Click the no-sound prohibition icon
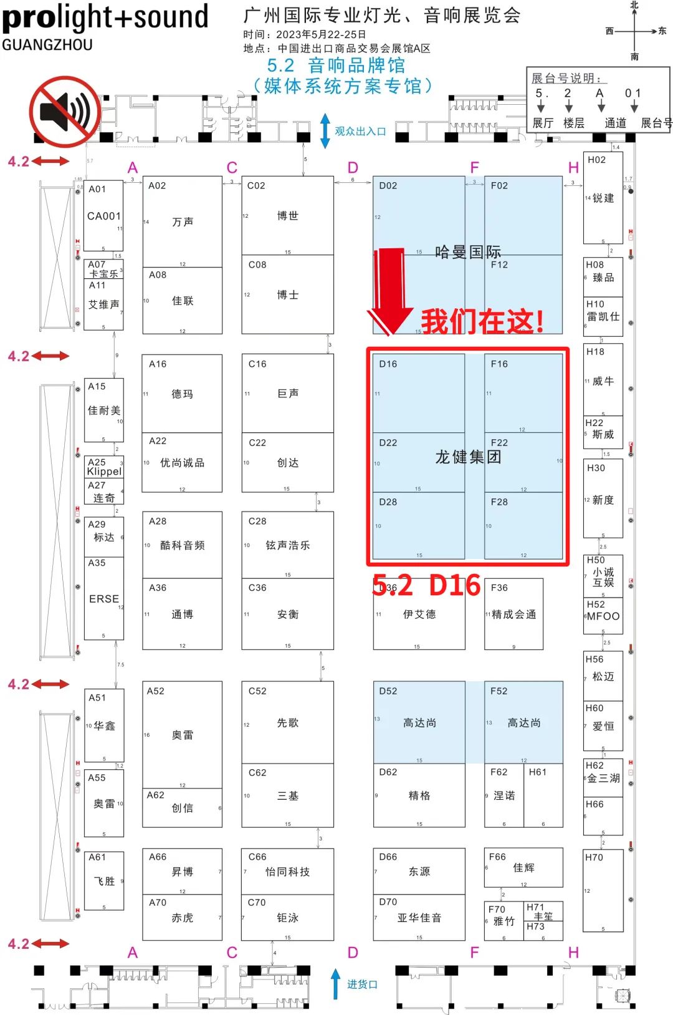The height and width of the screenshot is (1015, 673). pyautogui.click(x=65, y=112)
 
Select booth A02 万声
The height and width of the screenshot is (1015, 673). pyautogui.click(x=182, y=221)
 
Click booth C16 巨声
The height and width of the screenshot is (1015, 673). pyautogui.click(x=287, y=393)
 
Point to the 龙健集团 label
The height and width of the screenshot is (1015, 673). pyautogui.click(x=468, y=457)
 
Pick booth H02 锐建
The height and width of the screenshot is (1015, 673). pyautogui.click(x=603, y=198)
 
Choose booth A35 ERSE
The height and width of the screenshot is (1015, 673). pyautogui.click(x=104, y=598)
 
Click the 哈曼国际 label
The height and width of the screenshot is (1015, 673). pyautogui.click(x=468, y=252)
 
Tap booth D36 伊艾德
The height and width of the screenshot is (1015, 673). pyautogui.click(x=419, y=614)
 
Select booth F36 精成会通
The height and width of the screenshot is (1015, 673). pyautogui.click(x=513, y=614)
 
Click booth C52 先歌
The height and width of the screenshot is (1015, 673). pyautogui.click(x=287, y=722)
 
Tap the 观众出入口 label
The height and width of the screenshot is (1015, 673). pyautogui.click(x=360, y=131)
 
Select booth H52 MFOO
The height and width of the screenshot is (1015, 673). pyautogui.click(x=603, y=616)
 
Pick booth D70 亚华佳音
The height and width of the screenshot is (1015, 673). pyautogui.click(x=419, y=918)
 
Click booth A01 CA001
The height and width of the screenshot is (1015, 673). pyautogui.click(x=103, y=216)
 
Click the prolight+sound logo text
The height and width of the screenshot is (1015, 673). pyautogui.click(x=105, y=17)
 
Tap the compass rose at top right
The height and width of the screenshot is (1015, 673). pyautogui.click(x=634, y=31)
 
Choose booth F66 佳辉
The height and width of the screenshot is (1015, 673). pyautogui.click(x=523, y=867)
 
